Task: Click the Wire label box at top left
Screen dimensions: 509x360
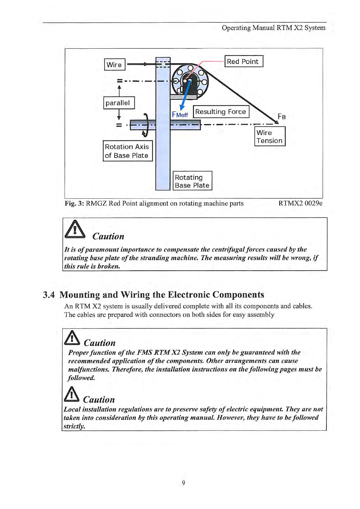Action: pos(114,64)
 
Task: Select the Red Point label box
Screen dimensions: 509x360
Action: pos(244,61)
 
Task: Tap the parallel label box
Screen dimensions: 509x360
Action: pos(119,103)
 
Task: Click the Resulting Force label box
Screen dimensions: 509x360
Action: pos(221,112)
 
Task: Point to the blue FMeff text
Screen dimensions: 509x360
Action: pos(180,115)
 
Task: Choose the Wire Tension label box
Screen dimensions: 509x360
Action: pos(270,136)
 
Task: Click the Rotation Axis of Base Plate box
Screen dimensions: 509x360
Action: pos(127,151)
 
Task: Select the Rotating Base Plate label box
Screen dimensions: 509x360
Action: pos(192,181)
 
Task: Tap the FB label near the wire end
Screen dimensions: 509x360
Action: pos(282,116)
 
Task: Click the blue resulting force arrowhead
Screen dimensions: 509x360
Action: pos(182,107)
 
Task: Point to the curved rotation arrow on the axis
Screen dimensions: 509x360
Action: pos(146,125)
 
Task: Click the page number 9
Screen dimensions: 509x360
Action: pos(183,483)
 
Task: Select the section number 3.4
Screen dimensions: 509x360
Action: pos(49,295)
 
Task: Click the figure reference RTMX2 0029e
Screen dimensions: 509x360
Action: pos(300,203)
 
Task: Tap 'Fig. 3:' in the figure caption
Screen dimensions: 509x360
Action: pos(74,203)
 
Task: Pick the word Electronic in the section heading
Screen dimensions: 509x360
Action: pos(188,295)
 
